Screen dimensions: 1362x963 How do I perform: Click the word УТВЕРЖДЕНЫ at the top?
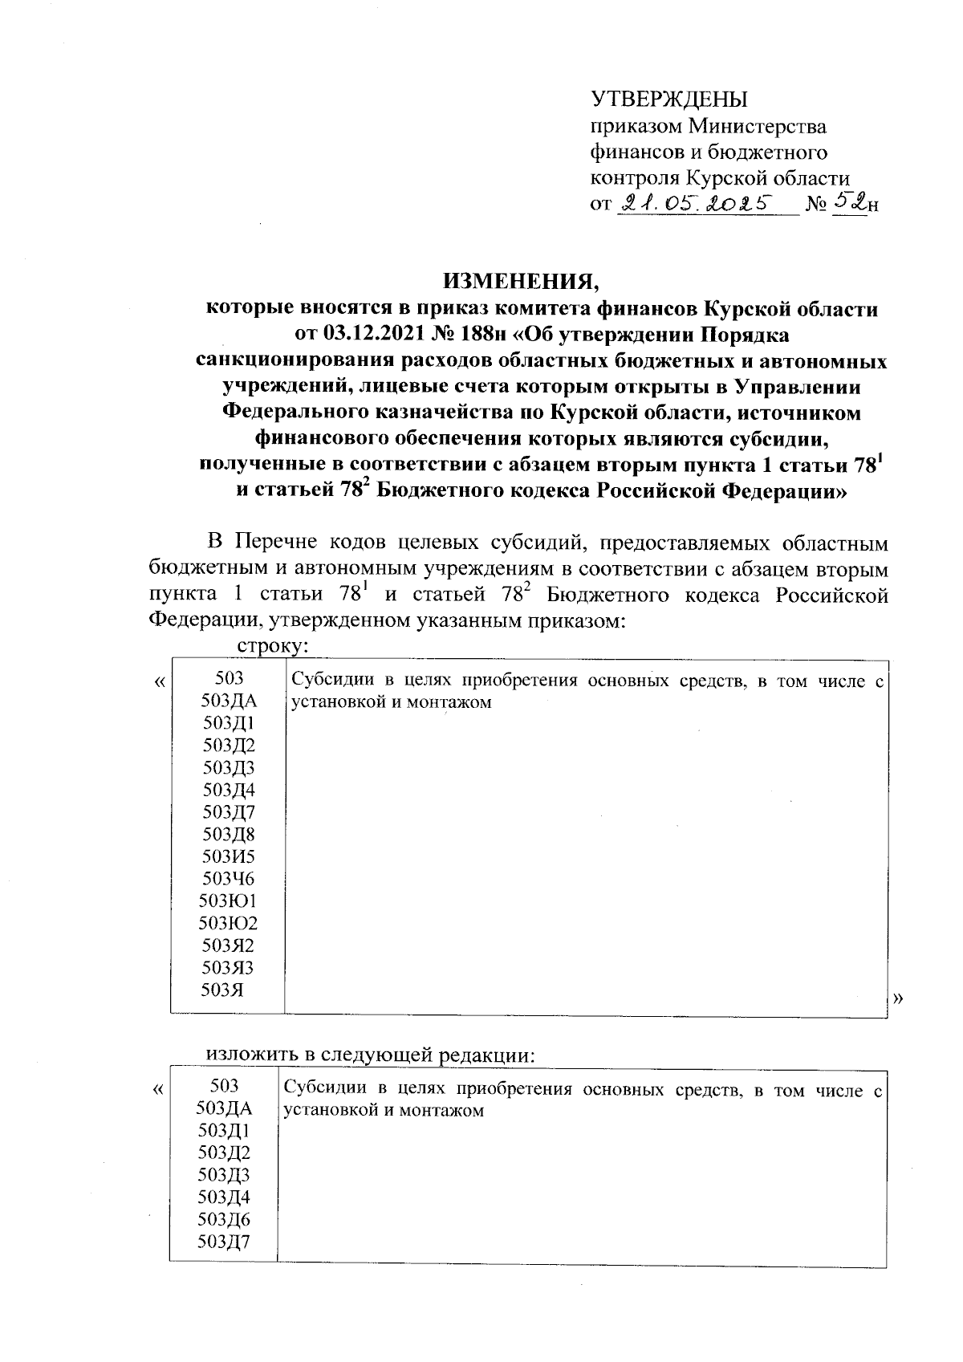pos(668,100)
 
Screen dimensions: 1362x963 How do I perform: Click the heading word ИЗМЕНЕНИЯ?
pos(521,282)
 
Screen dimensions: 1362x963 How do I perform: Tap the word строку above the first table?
pos(273,645)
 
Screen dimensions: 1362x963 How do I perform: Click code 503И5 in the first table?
pos(229,856)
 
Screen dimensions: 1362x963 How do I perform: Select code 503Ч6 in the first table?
pos(229,878)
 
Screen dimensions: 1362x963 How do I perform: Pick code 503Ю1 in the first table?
pos(229,901)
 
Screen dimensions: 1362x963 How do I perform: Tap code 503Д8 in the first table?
pos(229,834)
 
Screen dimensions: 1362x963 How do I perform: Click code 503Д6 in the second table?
pos(224,1220)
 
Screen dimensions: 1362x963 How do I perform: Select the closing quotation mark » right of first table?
pos(898,998)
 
